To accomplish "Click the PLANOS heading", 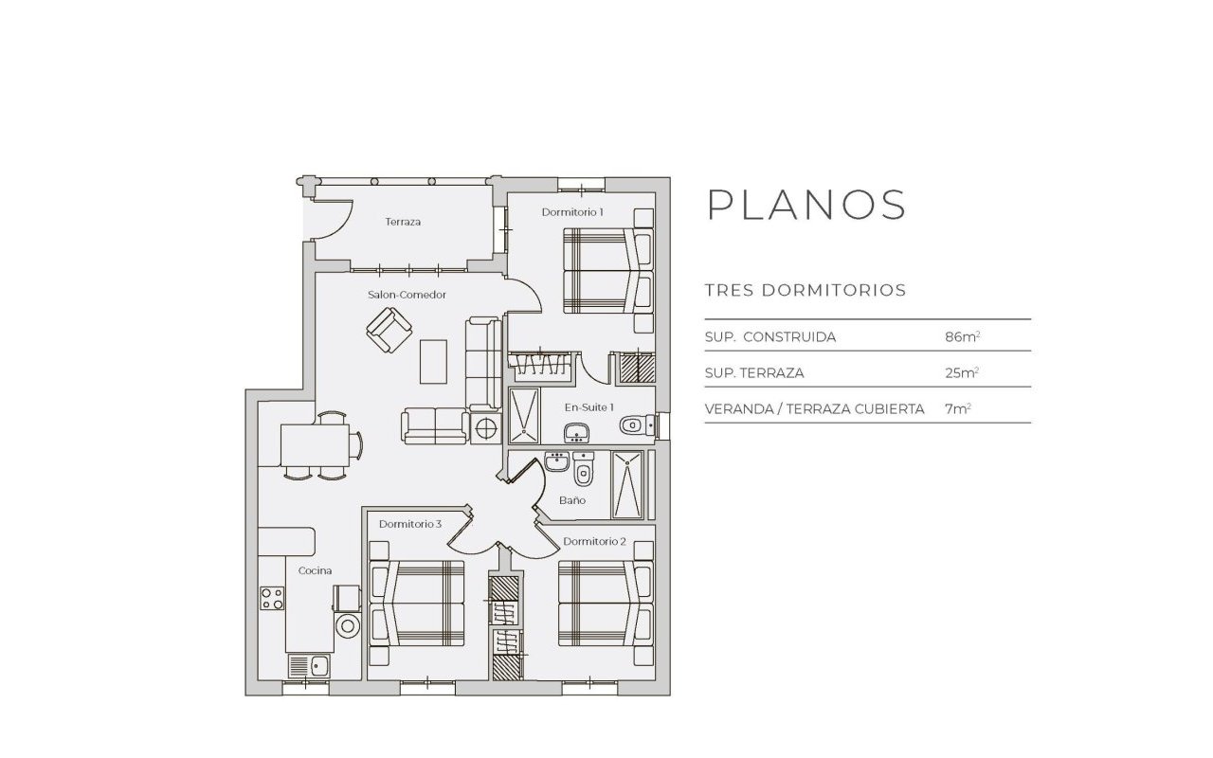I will coord(807,205).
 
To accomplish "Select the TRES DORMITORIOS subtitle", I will coord(806,290).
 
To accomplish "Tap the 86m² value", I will coord(961,336).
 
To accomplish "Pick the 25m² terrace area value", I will coord(961,372).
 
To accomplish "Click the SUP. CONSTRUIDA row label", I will coord(770,336).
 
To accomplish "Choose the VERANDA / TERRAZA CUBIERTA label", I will coord(814,408).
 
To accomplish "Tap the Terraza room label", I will coord(403,222).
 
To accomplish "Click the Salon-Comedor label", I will coord(407,295).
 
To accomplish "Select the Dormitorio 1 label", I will coord(572,212).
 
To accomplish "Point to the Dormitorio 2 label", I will coord(594,541).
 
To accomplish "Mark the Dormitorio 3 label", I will coord(410,524).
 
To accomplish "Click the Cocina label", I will coord(315,570).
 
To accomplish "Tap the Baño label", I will coord(571,499).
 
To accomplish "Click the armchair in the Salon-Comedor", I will coord(389,331).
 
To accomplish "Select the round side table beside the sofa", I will coord(486,428).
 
